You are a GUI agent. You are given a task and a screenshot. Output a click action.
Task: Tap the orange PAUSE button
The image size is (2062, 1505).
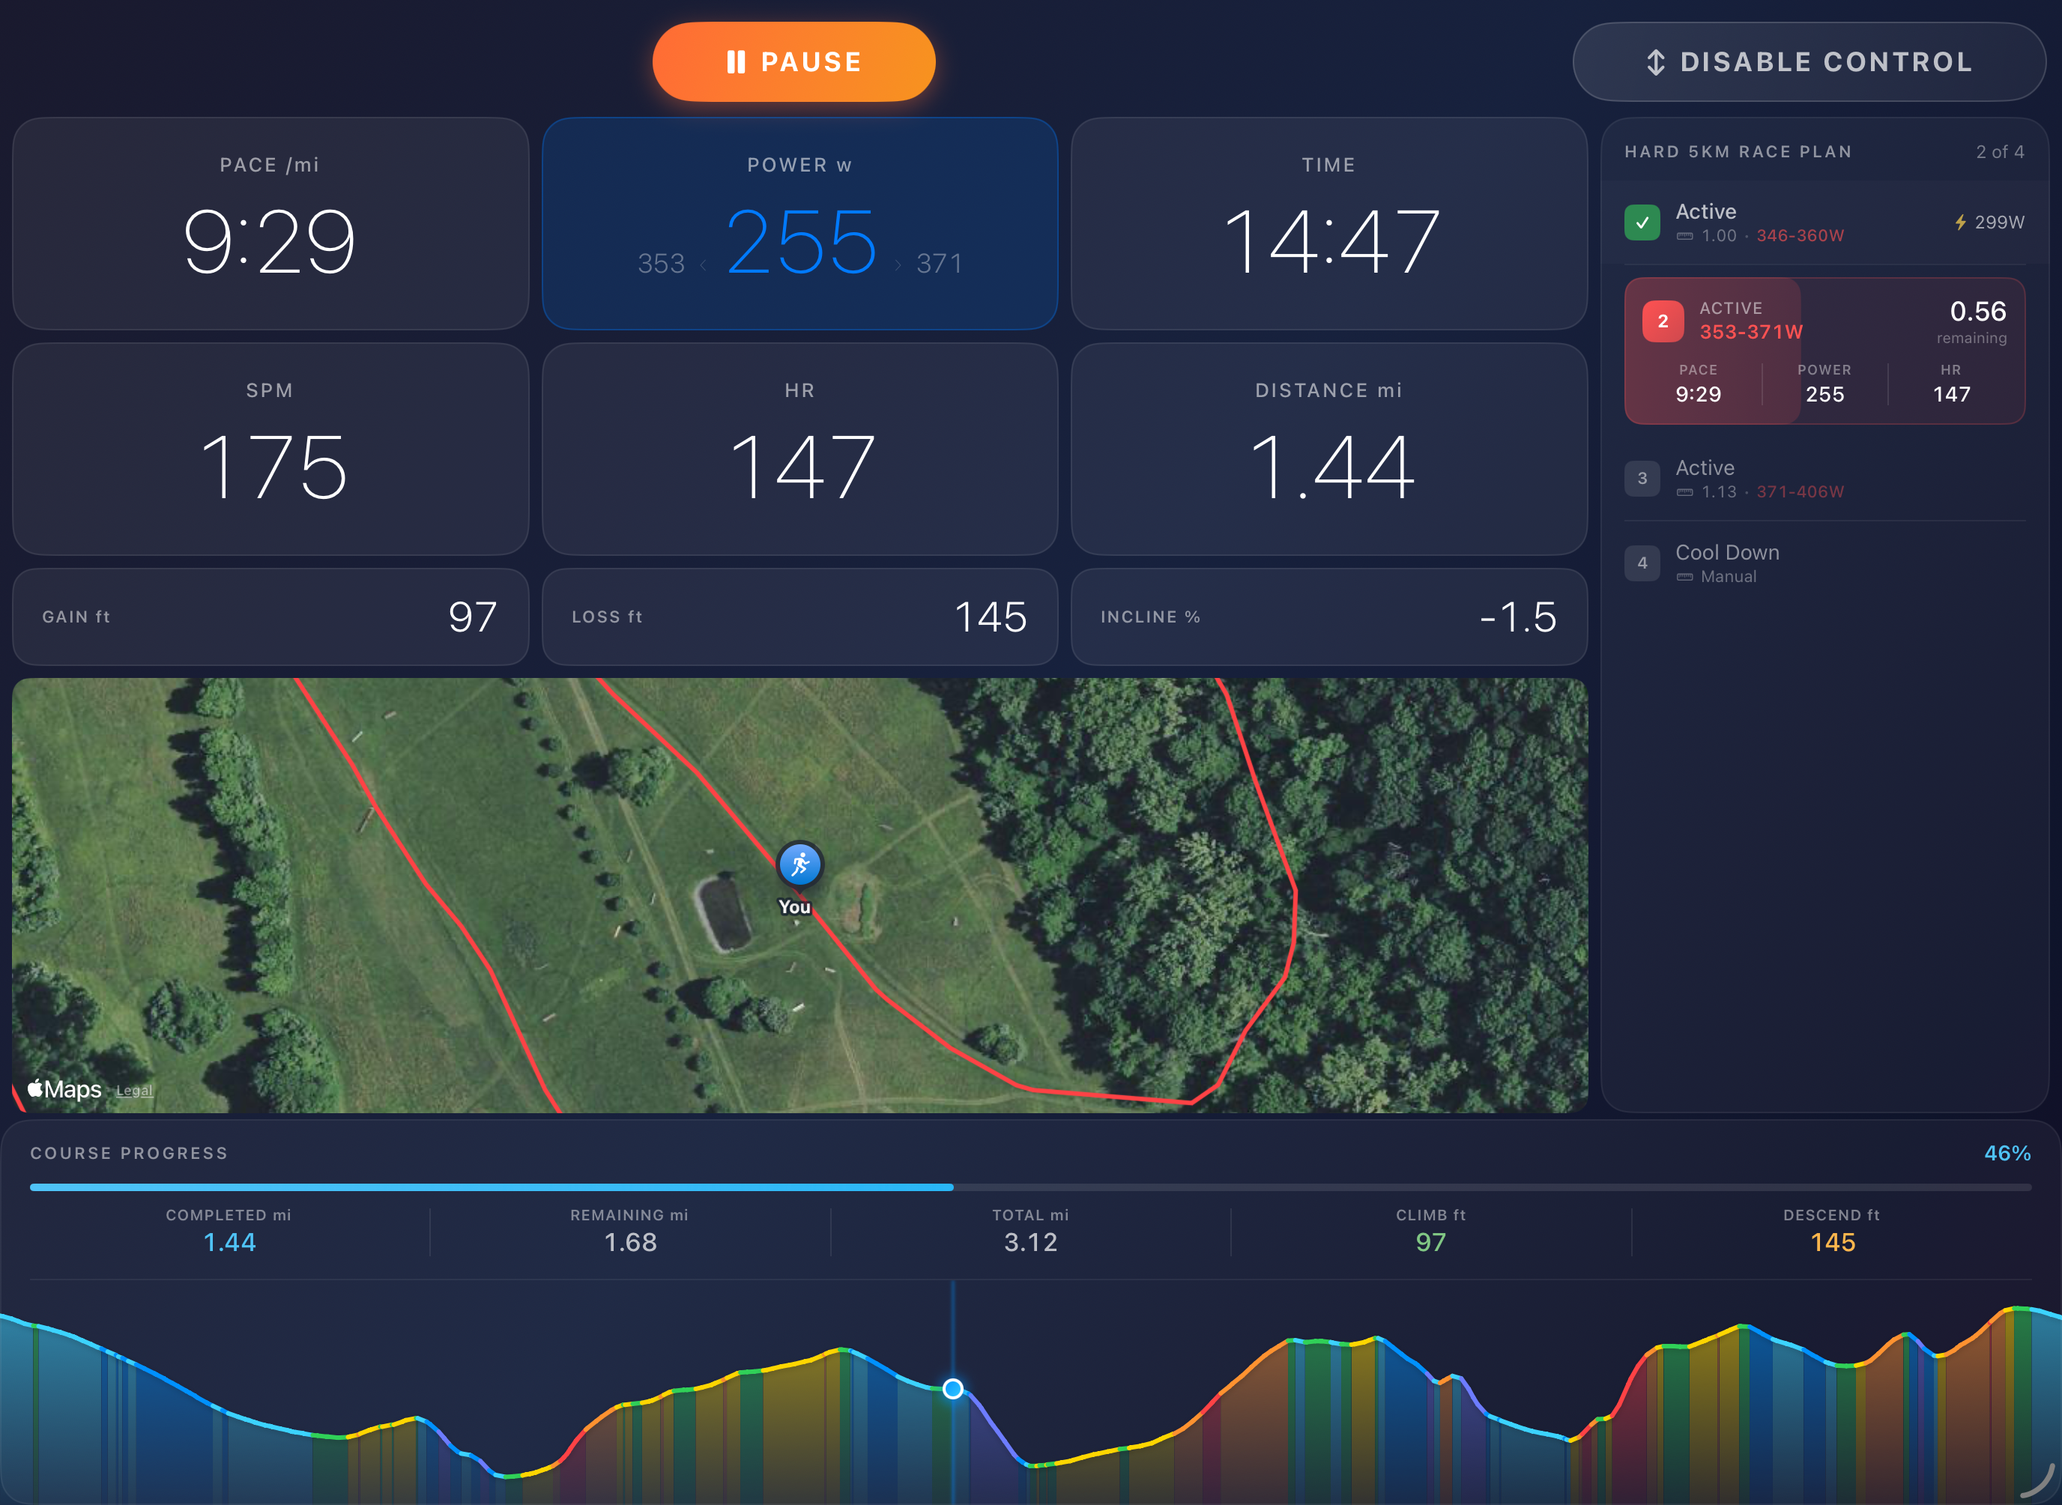click(793, 62)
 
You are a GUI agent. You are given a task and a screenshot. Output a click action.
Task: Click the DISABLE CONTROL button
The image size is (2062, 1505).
click(1809, 62)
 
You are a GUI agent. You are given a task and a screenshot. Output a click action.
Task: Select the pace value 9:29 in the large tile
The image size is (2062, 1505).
click(270, 241)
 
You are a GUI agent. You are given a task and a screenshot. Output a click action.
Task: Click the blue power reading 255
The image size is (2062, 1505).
click(801, 241)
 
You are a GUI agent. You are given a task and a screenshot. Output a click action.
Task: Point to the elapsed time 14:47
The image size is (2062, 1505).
click(1329, 241)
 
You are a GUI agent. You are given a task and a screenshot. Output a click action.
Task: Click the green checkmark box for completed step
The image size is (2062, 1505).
click(1642, 222)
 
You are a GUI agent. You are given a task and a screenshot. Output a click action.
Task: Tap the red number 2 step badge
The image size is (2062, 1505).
click(1662, 321)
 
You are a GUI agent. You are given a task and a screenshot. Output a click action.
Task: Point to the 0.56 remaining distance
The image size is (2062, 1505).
click(1977, 312)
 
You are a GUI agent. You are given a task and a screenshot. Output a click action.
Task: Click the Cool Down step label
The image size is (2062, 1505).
click(1726, 553)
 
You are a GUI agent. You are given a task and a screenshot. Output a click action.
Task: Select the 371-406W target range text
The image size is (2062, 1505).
click(1800, 492)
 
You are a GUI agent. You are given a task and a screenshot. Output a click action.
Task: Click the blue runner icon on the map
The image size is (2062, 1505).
click(799, 864)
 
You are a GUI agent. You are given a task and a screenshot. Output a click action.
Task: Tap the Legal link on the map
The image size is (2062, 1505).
click(134, 1091)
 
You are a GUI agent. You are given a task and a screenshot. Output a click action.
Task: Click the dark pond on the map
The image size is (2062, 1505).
click(725, 914)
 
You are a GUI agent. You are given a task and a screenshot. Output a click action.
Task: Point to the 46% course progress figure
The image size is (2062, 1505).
click(2007, 1154)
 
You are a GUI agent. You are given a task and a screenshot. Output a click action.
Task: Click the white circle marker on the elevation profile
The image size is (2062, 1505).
click(952, 1388)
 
